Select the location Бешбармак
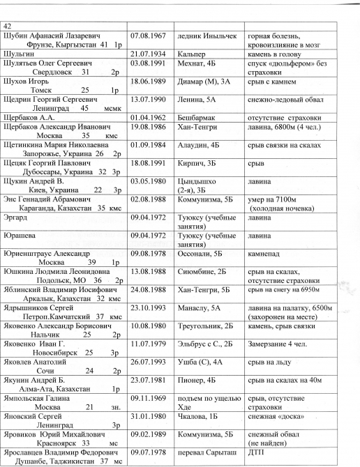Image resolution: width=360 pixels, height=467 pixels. [x=198, y=118]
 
